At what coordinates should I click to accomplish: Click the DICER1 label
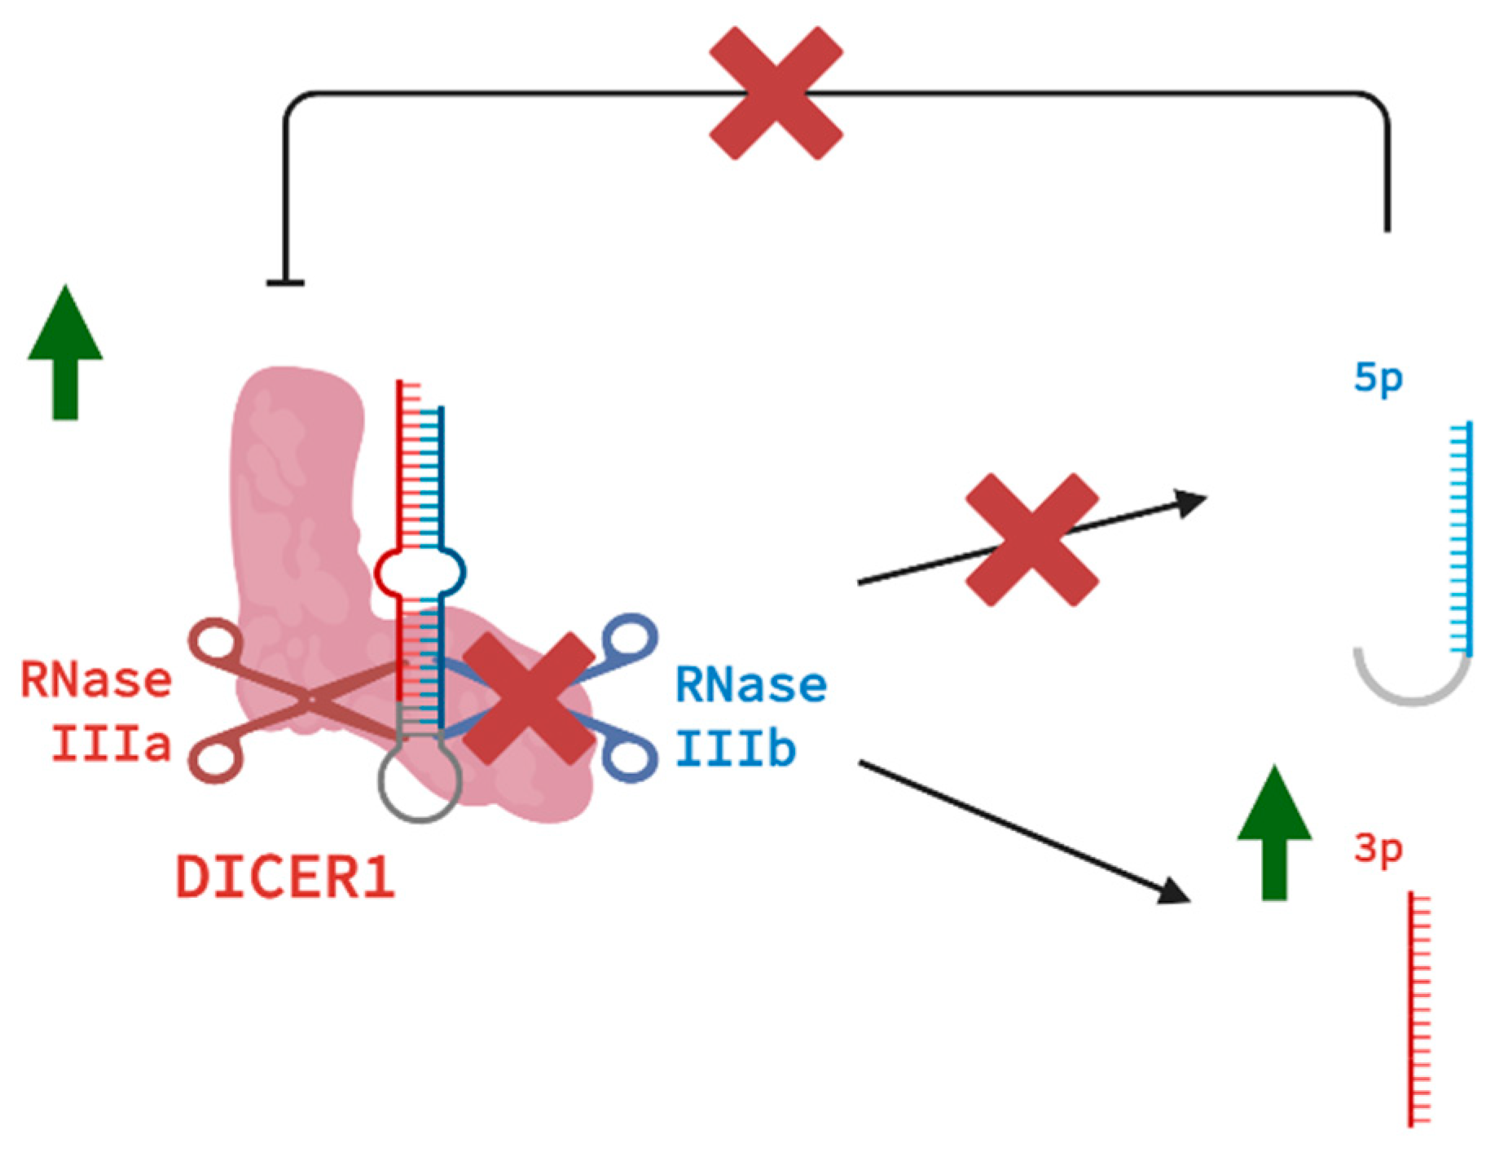coord(285,877)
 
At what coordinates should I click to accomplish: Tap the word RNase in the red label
coord(96,680)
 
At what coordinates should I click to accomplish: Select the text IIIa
coord(111,744)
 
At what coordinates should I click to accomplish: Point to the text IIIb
coord(735,749)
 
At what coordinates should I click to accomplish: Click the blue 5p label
coord(1378,379)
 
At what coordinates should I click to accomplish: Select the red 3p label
coord(1378,850)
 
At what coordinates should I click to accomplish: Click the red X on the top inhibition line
coord(775,93)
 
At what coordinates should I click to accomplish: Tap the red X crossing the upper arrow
coord(1031,539)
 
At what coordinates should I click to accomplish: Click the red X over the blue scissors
coord(530,699)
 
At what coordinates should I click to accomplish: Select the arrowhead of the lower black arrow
coord(1176,891)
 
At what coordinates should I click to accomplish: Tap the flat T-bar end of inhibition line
coord(285,284)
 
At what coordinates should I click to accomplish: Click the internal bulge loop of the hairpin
coord(420,572)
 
